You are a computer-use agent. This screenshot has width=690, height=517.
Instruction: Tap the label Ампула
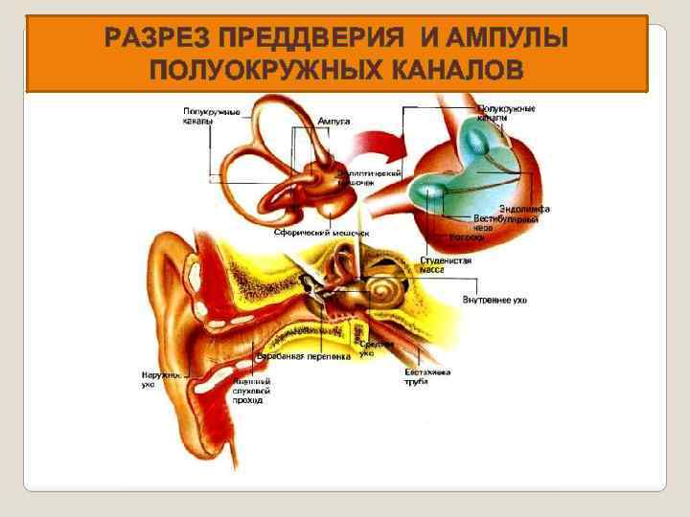[x=333, y=122]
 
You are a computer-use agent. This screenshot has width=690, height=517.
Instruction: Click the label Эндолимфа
[x=524, y=209]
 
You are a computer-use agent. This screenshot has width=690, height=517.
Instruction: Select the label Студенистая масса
[x=446, y=265]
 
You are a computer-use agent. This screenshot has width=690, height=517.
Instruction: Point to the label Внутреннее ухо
[x=494, y=300]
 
